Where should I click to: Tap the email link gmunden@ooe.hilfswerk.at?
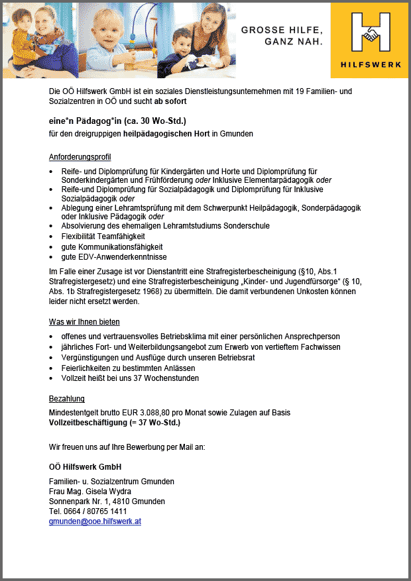click(x=95, y=521)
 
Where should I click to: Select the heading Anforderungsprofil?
click(x=80, y=157)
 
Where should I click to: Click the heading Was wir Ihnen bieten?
click(x=84, y=322)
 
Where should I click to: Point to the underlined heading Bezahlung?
click(x=66, y=399)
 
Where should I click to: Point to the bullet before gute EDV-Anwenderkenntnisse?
click(x=52, y=257)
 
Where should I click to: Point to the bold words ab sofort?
click(x=170, y=101)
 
